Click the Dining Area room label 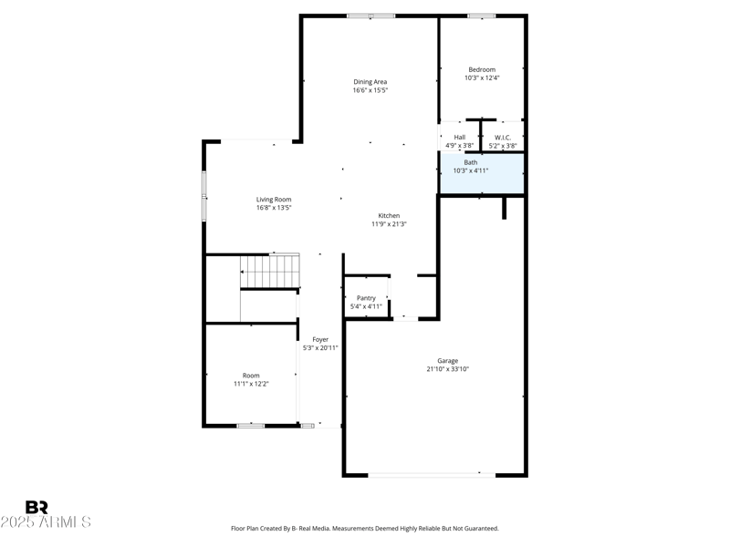pyautogui.click(x=370, y=82)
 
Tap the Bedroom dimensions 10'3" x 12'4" pyautogui.click(x=482, y=78)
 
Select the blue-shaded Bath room pyautogui.click(x=482, y=174)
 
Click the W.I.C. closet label pyautogui.click(x=503, y=137)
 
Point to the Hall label pyautogui.click(x=459, y=137)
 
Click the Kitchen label pyautogui.click(x=389, y=216)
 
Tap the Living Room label pyautogui.click(x=274, y=200)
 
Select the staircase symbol pyautogui.click(x=270, y=272)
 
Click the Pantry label pyautogui.click(x=366, y=298)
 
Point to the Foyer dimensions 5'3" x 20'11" pyautogui.click(x=320, y=348)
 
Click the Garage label pyautogui.click(x=447, y=361)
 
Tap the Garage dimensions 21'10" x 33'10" pyautogui.click(x=447, y=369)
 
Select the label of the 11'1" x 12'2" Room pyautogui.click(x=251, y=376)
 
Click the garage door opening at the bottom pyautogui.click(x=432, y=474)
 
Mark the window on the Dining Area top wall pyautogui.click(x=371, y=15)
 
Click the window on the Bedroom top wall pyautogui.click(x=482, y=15)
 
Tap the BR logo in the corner pyautogui.click(x=36, y=508)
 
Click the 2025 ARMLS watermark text pyautogui.click(x=46, y=522)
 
